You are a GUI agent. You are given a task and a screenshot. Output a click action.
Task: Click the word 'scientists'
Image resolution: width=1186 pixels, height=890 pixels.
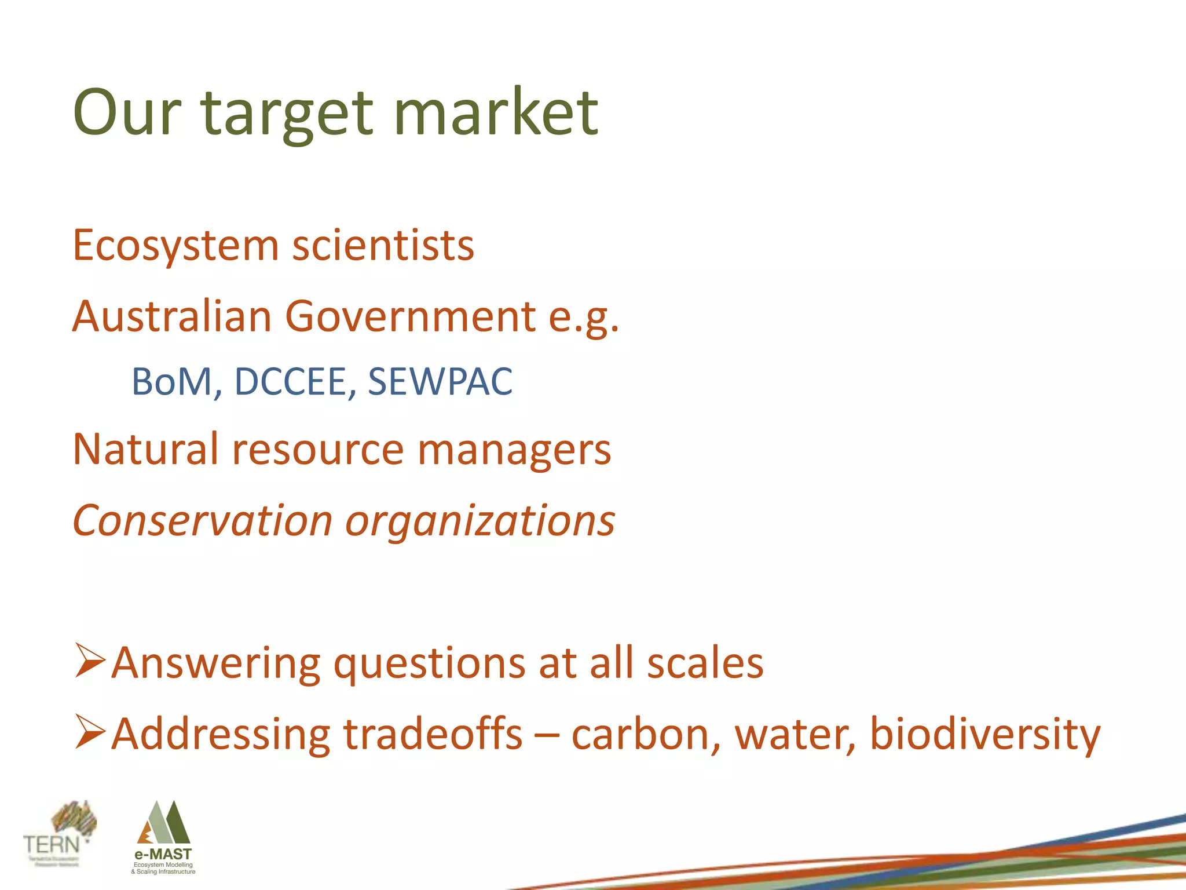click(383, 246)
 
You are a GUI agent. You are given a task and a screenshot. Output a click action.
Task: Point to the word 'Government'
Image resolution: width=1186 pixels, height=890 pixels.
click(410, 317)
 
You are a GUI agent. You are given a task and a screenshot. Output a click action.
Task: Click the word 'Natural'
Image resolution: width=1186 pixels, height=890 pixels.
click(145, 449)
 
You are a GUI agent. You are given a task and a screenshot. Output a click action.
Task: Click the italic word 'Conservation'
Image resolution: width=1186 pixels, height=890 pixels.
click(202, 520)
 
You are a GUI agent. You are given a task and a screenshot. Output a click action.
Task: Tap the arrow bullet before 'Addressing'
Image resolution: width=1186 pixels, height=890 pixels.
click(90, 732)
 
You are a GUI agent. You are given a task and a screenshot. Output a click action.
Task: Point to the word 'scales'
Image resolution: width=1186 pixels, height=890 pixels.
click(705, 663)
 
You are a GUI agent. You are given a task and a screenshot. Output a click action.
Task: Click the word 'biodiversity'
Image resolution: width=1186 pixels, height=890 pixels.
click(984, 735)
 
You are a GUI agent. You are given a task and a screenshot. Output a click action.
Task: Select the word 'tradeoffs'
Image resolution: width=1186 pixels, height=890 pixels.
click(433, 734)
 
